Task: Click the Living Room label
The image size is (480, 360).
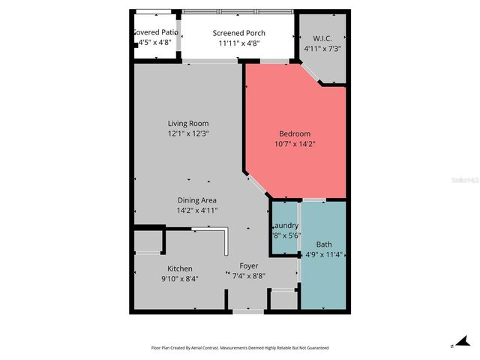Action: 188,123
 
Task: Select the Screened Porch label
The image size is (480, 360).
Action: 238,33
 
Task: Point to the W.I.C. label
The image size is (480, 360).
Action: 322,39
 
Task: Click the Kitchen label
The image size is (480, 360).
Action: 180,268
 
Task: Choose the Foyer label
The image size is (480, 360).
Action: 248,265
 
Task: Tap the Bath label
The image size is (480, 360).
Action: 324,244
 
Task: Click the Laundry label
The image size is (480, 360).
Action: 285,225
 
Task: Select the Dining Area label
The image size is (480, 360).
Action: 197,200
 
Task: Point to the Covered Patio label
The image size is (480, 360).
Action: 155,32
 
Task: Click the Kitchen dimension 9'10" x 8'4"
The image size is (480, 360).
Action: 180,279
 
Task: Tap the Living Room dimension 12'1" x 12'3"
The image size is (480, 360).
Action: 188,133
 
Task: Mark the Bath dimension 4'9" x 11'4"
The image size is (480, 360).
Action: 324,254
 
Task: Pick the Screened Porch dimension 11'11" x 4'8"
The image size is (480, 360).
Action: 238,43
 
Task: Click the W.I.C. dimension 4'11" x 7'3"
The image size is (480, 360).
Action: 322,49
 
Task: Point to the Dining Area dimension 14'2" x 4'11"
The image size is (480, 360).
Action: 197,211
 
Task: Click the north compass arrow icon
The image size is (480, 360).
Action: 458,342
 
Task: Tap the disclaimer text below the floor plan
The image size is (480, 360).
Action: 240,348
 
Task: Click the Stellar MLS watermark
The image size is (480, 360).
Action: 466,181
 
